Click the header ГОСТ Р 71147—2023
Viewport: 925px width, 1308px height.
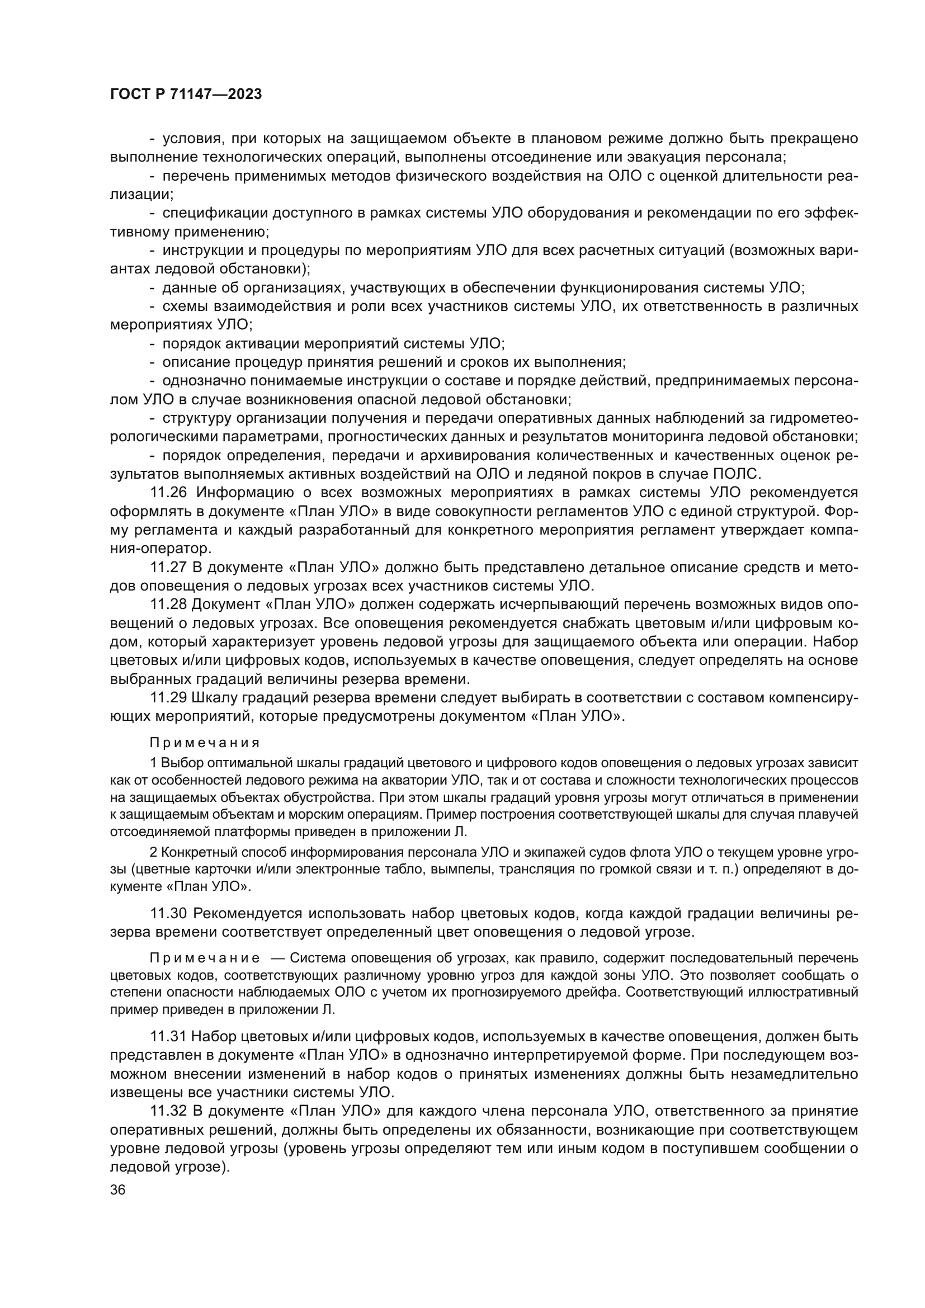point(186,95)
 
